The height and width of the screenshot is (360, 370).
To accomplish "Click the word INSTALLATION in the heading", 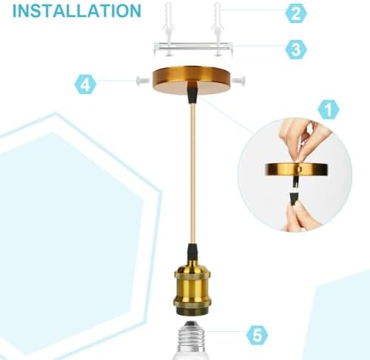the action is tap(77, 10).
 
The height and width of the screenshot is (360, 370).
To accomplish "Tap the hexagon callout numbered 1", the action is tap(329, 110).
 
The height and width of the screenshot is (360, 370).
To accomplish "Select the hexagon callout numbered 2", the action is tap(296, 13).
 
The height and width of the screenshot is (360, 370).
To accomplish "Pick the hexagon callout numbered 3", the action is tap(296, 49).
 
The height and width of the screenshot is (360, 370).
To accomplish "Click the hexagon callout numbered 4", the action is tap(85, 84).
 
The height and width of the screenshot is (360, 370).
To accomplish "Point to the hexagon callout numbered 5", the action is tap(258, 335).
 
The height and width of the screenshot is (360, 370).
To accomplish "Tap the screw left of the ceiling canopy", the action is tap(143, 80).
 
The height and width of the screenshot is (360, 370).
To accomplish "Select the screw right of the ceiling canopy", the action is tap(239, 80).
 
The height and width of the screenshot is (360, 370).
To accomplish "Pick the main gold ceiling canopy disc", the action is tap(191, 80).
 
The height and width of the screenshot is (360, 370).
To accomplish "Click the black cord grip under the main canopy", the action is tap(192, 93).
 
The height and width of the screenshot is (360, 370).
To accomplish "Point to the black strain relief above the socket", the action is tap(192, 253).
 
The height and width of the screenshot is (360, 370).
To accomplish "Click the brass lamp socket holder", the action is tap(192, 290).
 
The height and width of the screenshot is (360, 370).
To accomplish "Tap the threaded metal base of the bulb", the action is tap(192, 335).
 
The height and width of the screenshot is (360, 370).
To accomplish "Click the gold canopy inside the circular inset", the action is tap(296, 169).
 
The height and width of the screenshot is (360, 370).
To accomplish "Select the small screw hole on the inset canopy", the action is tap(300, 169).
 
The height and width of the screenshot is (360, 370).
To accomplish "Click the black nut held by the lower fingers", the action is tap(294, 199).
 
